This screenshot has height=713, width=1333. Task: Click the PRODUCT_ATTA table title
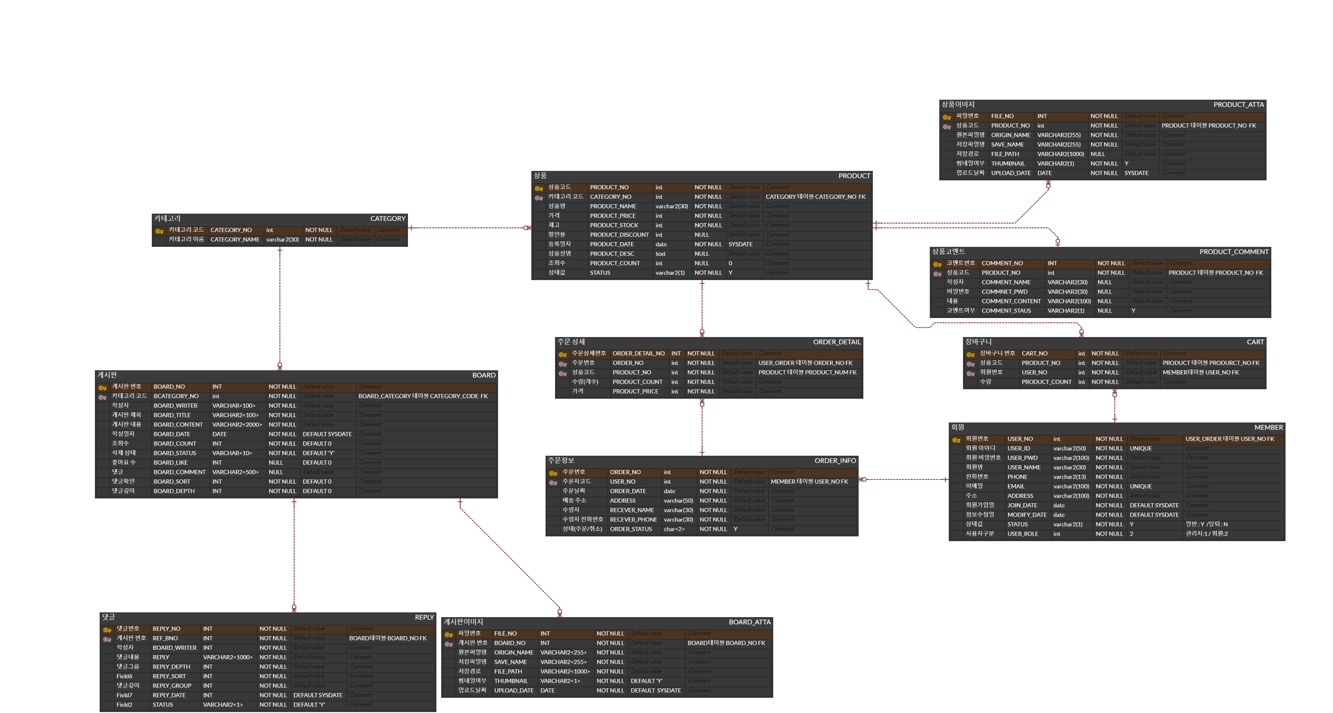pos(1238,104)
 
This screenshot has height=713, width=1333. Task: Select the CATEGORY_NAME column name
pos(235,240)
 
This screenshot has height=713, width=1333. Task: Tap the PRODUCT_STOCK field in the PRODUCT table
pos(614,225)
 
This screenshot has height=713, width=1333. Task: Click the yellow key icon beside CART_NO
pos(970,355)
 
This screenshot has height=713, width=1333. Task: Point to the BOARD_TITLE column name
pos(172,415)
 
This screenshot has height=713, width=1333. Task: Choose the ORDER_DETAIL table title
pos(836,342)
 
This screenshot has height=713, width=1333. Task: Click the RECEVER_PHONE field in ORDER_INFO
pos(633,520)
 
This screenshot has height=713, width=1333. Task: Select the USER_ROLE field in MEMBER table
pos(1022,534)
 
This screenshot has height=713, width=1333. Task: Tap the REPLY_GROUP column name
pos(172,686)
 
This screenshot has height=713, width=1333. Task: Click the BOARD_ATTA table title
pos(750,622)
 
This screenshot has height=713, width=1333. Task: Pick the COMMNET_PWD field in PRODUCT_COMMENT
pos(1004,292)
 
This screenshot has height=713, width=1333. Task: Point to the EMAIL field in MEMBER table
pos(1015,487)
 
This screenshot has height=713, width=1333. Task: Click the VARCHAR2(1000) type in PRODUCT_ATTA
pos(1060,154)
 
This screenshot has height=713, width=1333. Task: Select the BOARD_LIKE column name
pos(170,463)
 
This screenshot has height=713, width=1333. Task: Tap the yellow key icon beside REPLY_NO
pos(107,630)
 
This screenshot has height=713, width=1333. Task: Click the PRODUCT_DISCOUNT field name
pos(619,235)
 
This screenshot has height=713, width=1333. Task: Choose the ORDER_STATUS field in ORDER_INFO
pos(630,529)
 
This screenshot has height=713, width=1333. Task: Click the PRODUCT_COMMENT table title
pos(1234,252)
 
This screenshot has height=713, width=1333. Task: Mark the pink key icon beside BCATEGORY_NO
pos(102,398)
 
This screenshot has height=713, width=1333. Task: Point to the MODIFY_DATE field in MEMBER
pos(1027,515)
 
